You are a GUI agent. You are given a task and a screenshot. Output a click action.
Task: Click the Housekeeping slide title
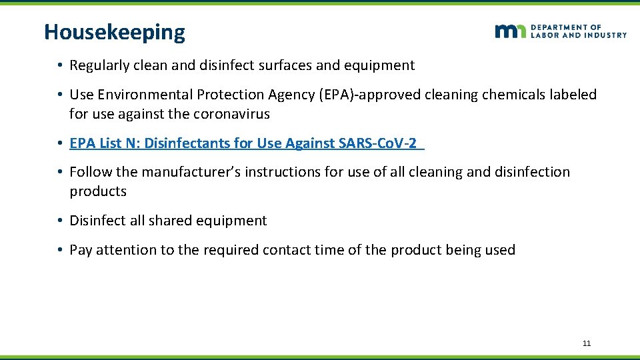click(x=115, y=32)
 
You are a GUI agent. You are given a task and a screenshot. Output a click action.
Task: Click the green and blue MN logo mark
click(x=511, y=31)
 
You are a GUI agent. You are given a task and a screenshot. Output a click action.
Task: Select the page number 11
click(x=587, y=343)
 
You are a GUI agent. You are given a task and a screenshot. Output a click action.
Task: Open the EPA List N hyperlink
click(x=247, y=143)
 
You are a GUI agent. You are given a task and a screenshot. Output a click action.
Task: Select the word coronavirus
click(x=231, y=114)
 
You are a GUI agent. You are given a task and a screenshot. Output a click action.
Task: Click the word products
click(x=98, y=191)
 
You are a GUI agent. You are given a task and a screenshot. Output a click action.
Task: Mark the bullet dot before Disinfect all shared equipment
click(x=60, y=221)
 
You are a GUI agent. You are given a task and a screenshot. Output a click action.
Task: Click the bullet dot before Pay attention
click(x=60, y=250)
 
